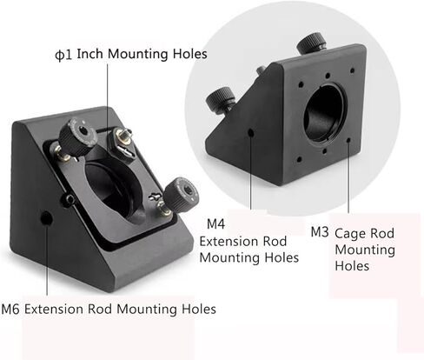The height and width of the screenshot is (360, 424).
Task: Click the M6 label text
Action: pos(10,310)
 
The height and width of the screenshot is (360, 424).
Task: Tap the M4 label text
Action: pos(215,224)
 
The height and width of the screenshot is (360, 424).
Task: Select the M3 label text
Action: pos(320,232)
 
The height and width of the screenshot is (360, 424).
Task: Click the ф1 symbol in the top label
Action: pos(63,55)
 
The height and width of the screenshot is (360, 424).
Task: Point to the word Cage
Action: pos(352,234)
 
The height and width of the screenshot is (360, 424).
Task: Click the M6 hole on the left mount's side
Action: pos(46,218)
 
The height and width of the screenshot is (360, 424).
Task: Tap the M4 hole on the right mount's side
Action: pos(251,133)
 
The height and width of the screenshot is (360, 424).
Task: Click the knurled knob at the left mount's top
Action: pos(77,136)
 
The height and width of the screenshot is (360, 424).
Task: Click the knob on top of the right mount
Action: pos(311,43)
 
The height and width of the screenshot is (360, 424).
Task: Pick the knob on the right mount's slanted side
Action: pos(221,99)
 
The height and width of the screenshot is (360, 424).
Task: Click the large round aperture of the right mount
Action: pos(325,114)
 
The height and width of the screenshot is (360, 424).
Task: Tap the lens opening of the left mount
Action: pos(114,190)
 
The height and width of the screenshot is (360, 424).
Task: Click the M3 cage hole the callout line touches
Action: pos(348,140)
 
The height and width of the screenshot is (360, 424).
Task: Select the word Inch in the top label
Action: pos(89,54)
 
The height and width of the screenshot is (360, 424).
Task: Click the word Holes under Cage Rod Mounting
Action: pos(352,266)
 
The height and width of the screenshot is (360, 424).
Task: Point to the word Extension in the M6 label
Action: pos(54,310)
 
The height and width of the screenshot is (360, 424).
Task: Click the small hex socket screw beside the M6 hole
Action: pos(70,199)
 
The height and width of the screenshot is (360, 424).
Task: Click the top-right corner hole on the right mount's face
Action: pos(352,70)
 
